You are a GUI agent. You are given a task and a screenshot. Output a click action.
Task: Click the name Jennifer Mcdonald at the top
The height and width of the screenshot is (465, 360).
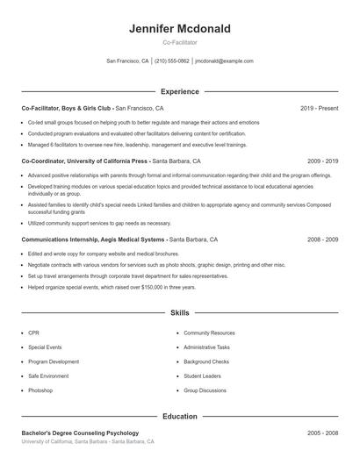click(180, 29)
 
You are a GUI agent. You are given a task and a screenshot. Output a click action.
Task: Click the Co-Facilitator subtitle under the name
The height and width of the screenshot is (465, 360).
click(180, 42)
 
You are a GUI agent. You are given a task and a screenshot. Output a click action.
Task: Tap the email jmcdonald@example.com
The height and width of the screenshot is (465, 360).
click(224, 61)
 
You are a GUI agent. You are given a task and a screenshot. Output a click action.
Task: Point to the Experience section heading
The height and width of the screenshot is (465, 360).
click(180, 91)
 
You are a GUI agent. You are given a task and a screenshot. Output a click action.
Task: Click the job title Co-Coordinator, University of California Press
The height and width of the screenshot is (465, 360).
click(85, 161)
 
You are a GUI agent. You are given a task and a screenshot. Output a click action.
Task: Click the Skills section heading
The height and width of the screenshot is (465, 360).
click(180, 312)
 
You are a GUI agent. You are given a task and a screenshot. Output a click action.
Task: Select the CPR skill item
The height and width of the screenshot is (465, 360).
click(33, 333)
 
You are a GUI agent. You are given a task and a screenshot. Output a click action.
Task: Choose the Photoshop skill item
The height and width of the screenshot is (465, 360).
click(40, 390)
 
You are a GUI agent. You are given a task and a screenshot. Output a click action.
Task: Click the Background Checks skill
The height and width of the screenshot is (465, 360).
click(206, 361)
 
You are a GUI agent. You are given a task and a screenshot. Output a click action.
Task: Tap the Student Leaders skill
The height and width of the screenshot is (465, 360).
click(203, 376)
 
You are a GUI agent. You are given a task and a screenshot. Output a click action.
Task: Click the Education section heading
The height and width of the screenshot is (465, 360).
click(180, 418)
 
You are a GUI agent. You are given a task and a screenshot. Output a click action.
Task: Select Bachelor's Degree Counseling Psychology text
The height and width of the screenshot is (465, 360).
click(80, 433)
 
